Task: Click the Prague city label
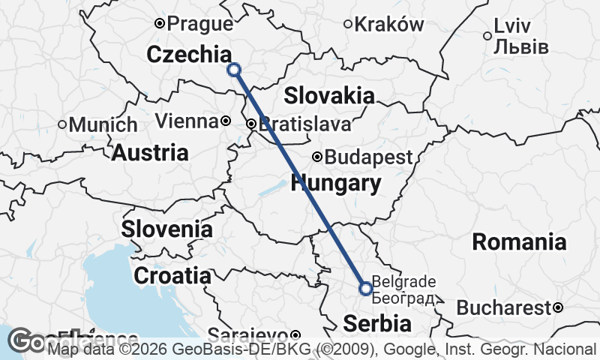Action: pyautogui.click(x=200, y=24)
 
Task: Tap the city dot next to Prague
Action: pyautogui.click(x=159, y=24)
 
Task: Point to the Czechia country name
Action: pyautogui.click(x=189, y=55)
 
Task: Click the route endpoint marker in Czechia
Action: pyautogui.click(x=234, y=70)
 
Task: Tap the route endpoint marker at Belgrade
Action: pyautogui.click(x=366, y=288)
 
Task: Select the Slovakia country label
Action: pyautogui.click(x=329, y=95)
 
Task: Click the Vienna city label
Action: pyautogui.click(x=187, y=121)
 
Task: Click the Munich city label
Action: pyautogui.click(x=103, y=124)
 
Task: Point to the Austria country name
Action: pyautogui.click(x=150, y=153)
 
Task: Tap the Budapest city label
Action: pyautogui.click(x=368, y=157)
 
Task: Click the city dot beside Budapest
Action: pyautogui.click(x=317, y=157)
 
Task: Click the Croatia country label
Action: pyautogui.click(x=172, y=275)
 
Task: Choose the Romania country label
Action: pyautogui.click(x=518, y=241)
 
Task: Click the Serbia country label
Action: pyautogui.click(x=377, y=324)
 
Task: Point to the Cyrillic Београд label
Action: pyautogui.click(x=403, y=298)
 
